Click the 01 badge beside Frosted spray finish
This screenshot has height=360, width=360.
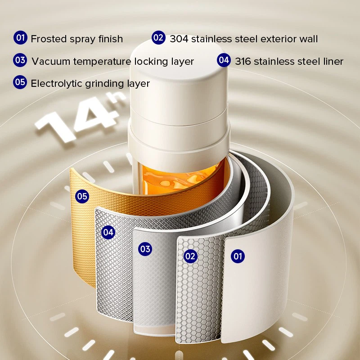click(x=21, y=38)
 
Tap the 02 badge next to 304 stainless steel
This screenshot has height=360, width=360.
click(x=158, y=38)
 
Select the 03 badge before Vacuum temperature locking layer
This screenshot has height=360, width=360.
click(x=21, y=60)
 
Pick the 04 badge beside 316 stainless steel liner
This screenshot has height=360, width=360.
click(x=224, y=60)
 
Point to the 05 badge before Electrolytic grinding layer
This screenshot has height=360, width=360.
click(x=21, y=82)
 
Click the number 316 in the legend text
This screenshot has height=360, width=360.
click(x=243, y=61)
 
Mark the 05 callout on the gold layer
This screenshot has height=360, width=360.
click(x=82, y=196)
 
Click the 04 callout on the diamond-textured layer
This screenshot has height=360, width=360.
click(x=108, y=232)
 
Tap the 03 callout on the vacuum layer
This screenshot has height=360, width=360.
click(x=145, y=249)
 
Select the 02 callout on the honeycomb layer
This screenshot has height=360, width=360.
click(x=191, y=256)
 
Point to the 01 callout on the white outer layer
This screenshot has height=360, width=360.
click(x=238, y=256)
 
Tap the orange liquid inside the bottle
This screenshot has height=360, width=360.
click(x=180, y=178)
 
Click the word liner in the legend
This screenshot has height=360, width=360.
click(x=332, y=61)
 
